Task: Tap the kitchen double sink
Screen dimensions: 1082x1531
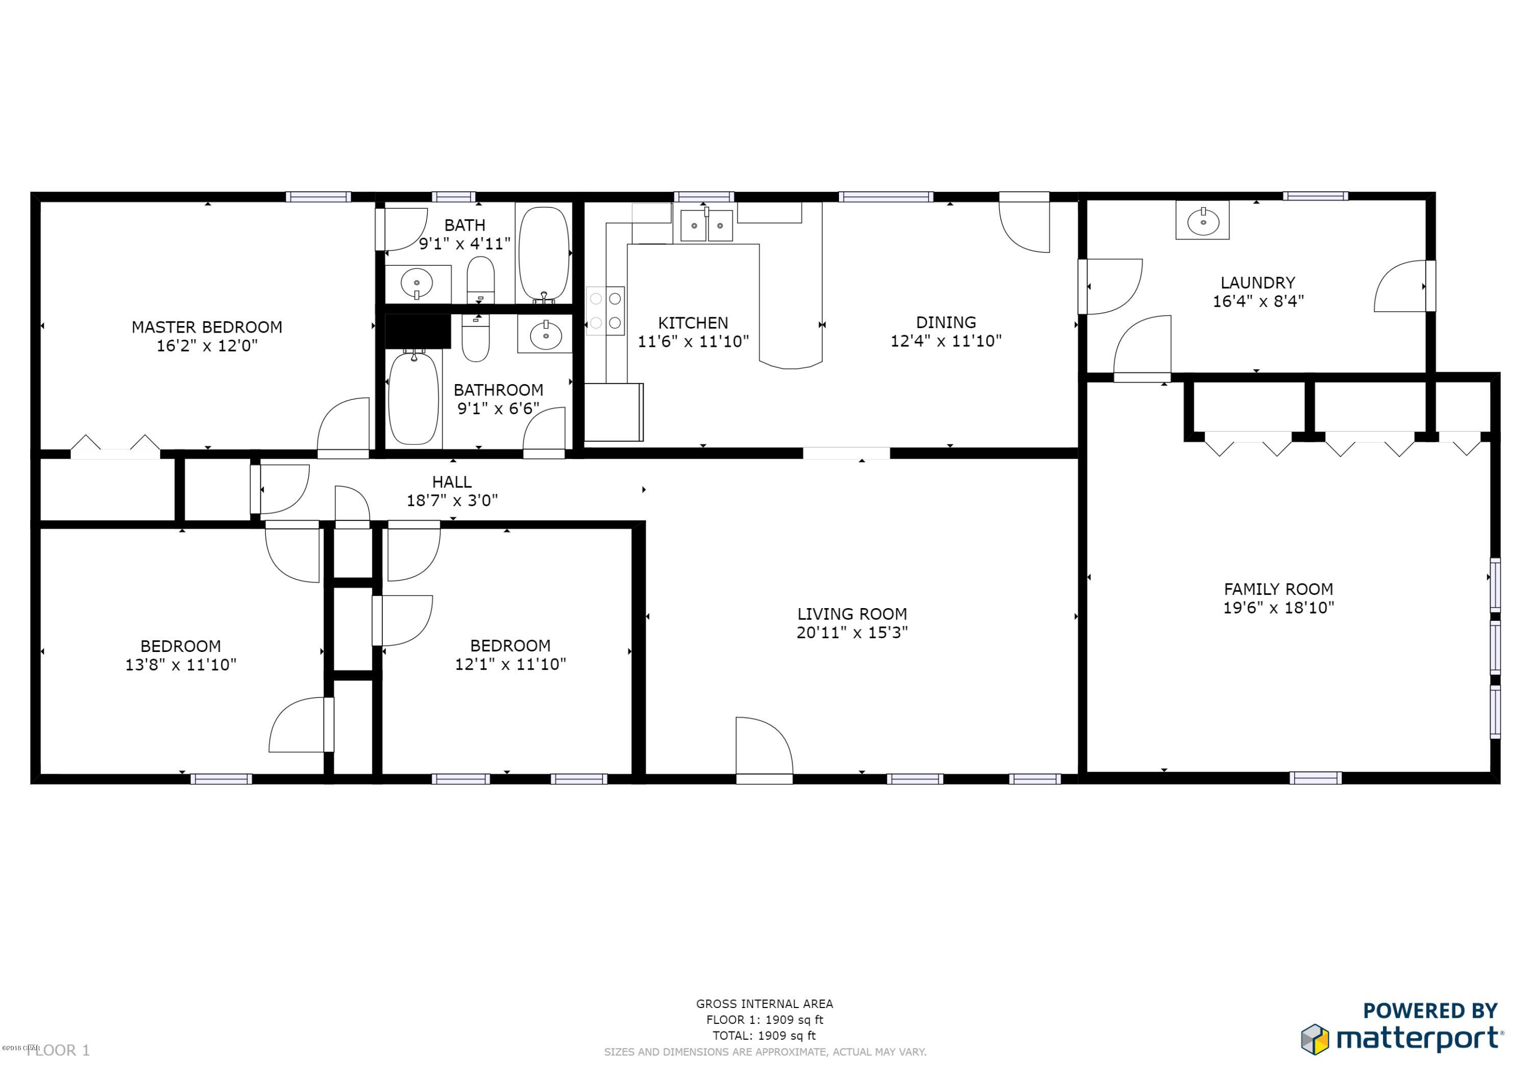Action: point(706,225)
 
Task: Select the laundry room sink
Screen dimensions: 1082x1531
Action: point(1202,221)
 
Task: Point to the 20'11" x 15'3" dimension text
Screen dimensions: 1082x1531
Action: point(852,632)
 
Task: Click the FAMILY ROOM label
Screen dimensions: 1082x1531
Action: point(1277,589)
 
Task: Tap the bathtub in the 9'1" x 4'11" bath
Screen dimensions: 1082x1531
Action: point(544,254)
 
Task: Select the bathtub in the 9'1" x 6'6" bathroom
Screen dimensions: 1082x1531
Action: point(413,398)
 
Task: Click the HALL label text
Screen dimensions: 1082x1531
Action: point(452,482)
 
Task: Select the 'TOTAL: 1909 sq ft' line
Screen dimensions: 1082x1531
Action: point(764,1036)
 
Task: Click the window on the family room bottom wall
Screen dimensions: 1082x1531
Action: point(1315,778)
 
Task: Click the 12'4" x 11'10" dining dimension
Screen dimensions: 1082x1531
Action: point(946,341)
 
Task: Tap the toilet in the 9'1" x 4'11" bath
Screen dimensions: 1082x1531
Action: point(480,280)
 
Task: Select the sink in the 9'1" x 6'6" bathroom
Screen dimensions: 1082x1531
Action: point(546,335)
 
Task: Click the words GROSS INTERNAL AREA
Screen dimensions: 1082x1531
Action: point(764,1003)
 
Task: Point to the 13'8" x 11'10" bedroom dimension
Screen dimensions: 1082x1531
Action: point(181,665)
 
